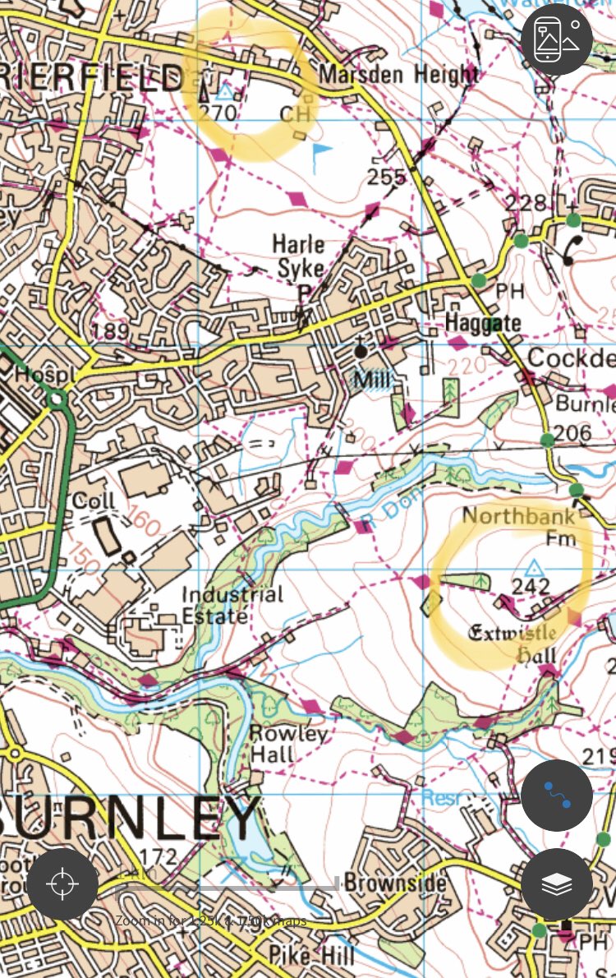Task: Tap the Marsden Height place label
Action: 398,75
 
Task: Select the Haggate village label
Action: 483,323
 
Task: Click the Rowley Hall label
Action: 277,743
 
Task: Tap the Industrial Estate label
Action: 232,604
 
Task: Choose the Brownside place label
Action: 396,883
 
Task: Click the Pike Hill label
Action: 311,955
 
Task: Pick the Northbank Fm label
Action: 518,526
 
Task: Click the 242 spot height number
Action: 530,586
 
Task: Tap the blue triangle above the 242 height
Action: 536,567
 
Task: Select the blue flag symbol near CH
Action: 321,150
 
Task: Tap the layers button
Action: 556,884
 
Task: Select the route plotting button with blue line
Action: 556,796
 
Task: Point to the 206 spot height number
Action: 572,433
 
